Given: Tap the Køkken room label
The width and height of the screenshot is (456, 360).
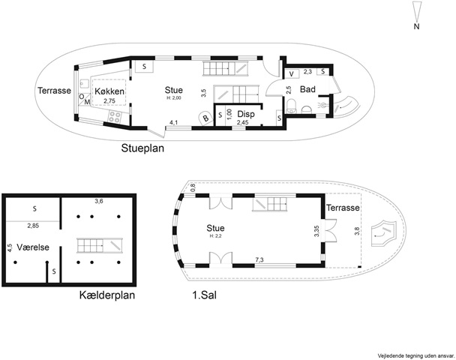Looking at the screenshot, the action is point(109,91).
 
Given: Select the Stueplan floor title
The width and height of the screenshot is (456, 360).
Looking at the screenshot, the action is point(142,148).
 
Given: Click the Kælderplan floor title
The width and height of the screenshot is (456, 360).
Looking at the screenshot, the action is point(107,295).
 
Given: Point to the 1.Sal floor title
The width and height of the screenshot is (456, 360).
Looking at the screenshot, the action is point(204,295).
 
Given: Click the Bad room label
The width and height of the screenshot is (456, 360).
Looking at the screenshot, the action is point(307,89).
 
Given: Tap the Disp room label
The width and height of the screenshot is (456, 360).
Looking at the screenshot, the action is point(246,114).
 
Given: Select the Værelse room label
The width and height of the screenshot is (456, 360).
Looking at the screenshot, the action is point(33,247).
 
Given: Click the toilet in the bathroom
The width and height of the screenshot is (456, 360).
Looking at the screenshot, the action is point(291,106).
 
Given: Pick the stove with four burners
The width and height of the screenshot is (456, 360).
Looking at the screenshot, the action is point(115,117).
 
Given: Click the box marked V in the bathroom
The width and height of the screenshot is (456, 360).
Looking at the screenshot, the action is point(292,73).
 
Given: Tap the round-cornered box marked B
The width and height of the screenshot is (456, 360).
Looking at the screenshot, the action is point(206,118).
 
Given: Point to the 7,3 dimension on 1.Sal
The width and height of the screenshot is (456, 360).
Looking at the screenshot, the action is point(259,260).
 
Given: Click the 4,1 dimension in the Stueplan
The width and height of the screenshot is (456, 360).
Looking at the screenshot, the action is point(173,123).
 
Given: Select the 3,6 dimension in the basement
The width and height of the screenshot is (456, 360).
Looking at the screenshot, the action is point(99,201).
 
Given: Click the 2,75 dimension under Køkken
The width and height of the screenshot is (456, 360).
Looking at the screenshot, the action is point(109,101).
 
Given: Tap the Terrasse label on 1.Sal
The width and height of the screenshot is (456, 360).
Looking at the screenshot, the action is point(343,208).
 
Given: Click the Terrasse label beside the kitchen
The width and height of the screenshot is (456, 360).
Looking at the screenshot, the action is point(54,91).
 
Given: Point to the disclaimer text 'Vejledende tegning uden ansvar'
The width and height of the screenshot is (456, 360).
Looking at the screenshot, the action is point(415,355).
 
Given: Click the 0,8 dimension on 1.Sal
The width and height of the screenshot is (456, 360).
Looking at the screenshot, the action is point(193,187).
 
